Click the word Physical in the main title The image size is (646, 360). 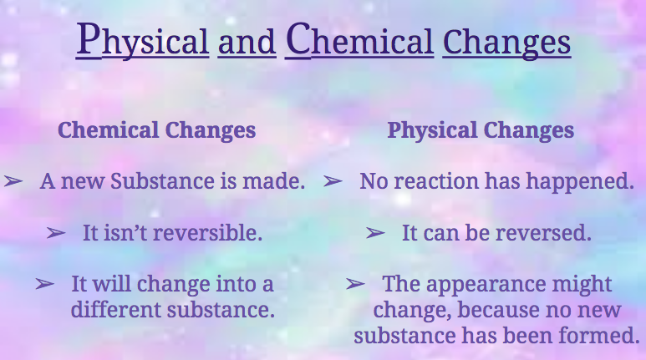coord(143,39)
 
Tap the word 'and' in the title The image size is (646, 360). coord(247,42)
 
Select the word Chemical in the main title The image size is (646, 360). coord(359,38)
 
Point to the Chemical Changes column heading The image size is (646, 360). coord(156,130)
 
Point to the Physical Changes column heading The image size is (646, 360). coord(481,130)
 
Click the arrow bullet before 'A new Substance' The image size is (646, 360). coord(13,180)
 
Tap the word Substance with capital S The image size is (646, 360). coord(162,181)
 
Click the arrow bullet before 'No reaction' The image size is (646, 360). coord(333,180)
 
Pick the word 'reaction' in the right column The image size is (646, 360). coord(436,181)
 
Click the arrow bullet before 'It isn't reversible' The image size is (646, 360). coord(56,233)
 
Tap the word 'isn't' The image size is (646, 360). coord(125,233)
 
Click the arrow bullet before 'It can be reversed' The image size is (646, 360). coord(375,233)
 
